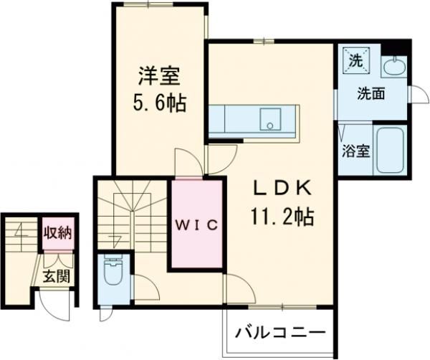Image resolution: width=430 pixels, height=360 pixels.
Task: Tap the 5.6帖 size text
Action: tap(158, 103)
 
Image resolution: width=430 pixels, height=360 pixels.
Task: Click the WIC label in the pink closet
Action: tap(197, 224)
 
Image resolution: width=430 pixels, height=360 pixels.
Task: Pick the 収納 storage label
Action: tap(57, 232)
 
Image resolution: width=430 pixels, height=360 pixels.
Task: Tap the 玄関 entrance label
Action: tap(53, 276)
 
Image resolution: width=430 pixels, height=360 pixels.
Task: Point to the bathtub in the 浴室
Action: tap(391, 151)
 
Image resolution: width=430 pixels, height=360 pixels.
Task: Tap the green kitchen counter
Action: tap(236, 119)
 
